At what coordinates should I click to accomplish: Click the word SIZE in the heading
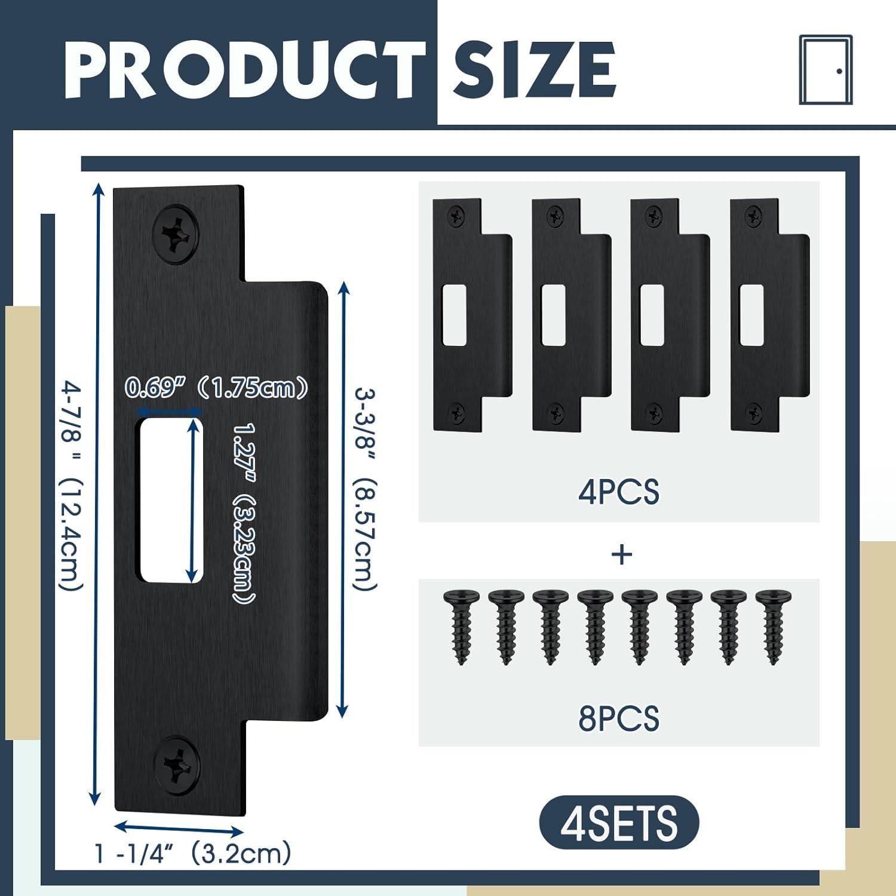pyautogui.click(x=534, y=69)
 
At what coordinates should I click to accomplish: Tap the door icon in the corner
pyautogui.click(x=826, y=70)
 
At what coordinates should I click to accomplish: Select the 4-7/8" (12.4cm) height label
pyautogui.click(x=70, y=487)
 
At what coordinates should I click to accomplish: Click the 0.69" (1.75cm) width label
pyautogui.click(x=216, y=388)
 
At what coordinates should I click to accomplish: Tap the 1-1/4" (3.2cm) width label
pyautogui.click(x=192, y=853)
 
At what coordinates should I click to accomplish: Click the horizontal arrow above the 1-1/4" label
pyautogui.click(x=179, y=829)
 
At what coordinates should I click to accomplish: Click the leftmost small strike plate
pyautogui.click(x=471, y=315)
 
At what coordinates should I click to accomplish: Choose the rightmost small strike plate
pyautogui.click(x=769, y=315)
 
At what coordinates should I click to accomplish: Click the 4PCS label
pyautogui.click(x=619, y=492)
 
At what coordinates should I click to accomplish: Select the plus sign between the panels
pyautogui.click(x=622, y=554)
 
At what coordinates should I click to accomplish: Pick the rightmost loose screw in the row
pyautogui.click(x=774, y=626)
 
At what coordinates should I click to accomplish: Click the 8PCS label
pyautogui.click(x=619, y=718)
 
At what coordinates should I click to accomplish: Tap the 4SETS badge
pyautogui.click(x=619, y=823)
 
